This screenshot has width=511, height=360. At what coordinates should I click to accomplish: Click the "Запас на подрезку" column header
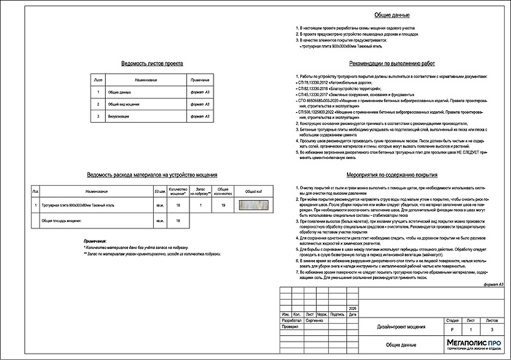[x=199, y=191]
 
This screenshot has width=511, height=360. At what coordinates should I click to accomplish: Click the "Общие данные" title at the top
[x=393, y=15]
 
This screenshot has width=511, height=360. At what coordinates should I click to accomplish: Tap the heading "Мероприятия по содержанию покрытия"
[x=393, y=175]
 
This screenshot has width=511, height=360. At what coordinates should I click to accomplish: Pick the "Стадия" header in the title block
[x=452, y=300]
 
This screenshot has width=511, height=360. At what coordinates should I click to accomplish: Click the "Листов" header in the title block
[x=493, y=300]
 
